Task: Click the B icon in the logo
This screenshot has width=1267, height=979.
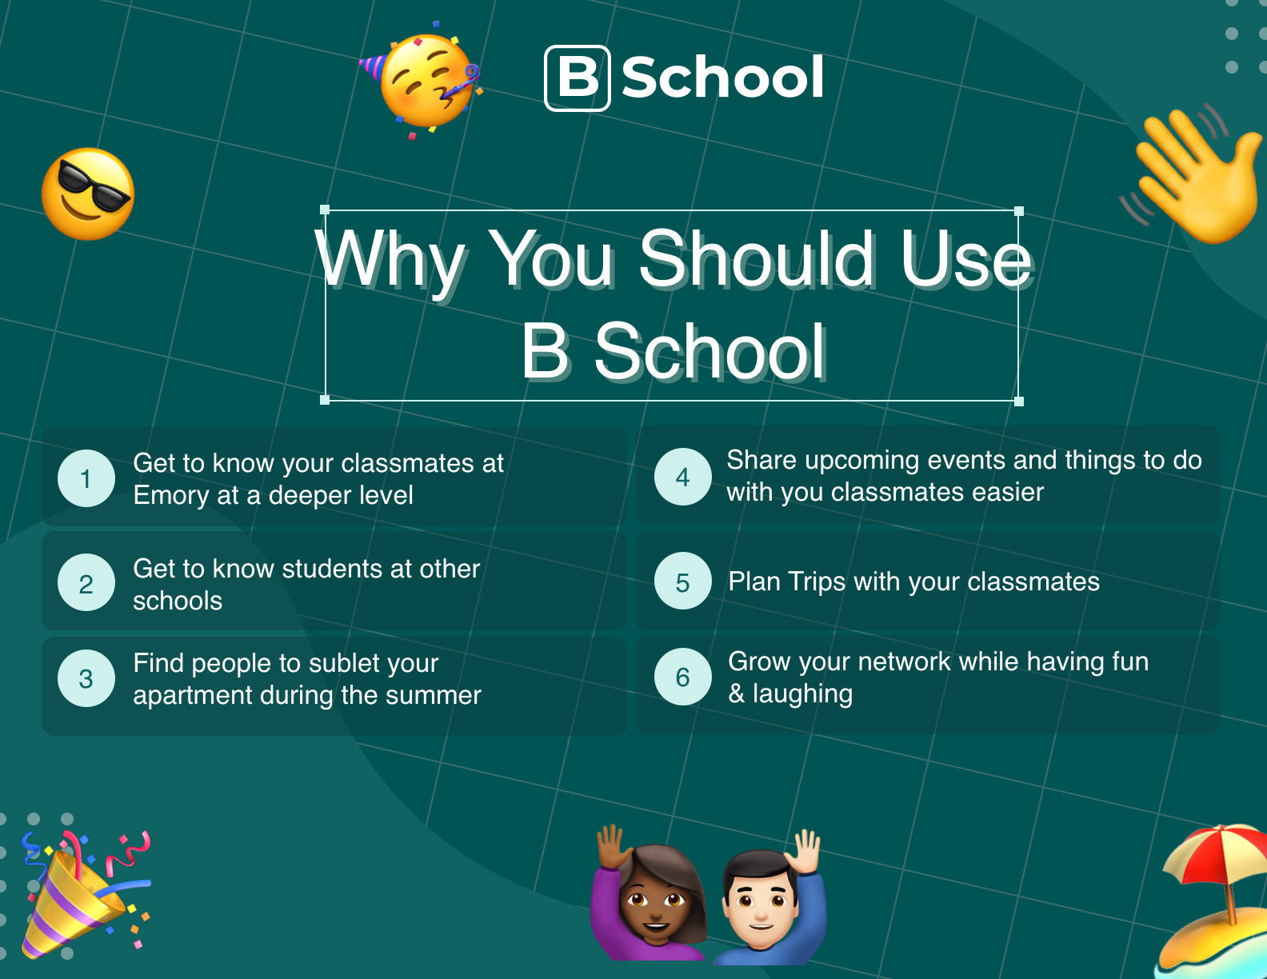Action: coord(578,78)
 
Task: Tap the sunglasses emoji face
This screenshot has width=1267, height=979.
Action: coord(88,194)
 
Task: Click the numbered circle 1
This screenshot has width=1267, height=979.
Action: coord(86,478)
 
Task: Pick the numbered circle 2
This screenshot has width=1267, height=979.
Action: coord(86,582)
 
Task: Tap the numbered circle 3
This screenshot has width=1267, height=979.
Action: coord(86,678)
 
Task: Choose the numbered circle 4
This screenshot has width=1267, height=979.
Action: coord(683,477)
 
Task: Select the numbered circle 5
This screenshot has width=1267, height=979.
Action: coord(683,581)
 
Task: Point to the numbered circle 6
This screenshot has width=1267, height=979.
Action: coord(683,677)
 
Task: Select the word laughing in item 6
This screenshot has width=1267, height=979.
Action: coord(802,694)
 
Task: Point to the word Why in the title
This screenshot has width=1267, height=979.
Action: coord(390,262)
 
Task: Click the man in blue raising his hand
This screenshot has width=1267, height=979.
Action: coord(769,898)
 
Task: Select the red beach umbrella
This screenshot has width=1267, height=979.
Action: coord(1216,860)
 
